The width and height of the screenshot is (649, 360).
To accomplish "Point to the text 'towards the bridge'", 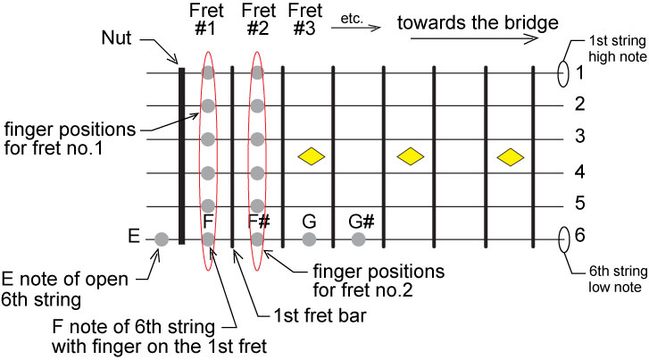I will pos(465,21).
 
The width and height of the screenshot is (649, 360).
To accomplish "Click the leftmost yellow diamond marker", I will pos(310,156).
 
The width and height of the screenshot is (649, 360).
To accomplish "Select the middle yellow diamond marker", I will pos(410,156).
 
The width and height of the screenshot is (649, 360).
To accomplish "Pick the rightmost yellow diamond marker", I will pos(510,156).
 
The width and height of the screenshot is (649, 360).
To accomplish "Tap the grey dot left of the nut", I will pos(162,239).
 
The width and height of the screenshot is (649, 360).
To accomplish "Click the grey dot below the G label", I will pos(309,239).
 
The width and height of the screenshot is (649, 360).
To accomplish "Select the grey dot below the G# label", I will pos(359,239).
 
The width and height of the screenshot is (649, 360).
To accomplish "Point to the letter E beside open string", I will pos(134,238).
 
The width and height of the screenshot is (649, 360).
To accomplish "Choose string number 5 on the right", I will pos(579,205).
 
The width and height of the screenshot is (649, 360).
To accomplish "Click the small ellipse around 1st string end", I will pos(563,72).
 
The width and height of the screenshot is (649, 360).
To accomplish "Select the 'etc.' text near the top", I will pos(351,17).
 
